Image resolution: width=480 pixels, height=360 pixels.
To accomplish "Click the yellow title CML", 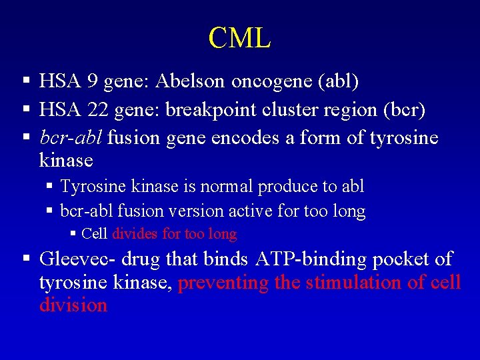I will (x=239, y=38).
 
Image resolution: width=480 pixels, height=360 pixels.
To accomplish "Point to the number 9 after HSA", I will (x=92, y=81).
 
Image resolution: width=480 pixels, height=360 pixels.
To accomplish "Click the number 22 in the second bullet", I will (x=97, y=110).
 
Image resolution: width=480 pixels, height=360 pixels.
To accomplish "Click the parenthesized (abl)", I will (x=338, y=81).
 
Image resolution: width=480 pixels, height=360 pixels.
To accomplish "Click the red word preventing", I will (x=223, y=283).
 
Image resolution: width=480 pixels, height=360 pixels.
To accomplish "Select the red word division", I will (x=73, y=305).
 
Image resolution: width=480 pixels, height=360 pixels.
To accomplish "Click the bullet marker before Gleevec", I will (x=25, y=259).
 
